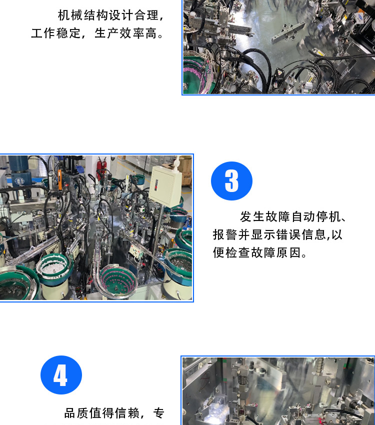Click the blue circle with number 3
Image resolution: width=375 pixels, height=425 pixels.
(x=231, y=181)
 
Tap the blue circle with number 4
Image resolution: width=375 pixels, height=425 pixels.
(x=61, y=375)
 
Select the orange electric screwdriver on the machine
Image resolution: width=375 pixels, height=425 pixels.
(x=59, y=180)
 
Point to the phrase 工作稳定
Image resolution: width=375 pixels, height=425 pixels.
(x=56, y=33)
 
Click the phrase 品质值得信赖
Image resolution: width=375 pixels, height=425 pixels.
(x=102, y=413)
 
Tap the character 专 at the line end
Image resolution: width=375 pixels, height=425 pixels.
(x=159, y=413)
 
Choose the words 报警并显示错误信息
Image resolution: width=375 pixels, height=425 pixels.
(x=269, y=234)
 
